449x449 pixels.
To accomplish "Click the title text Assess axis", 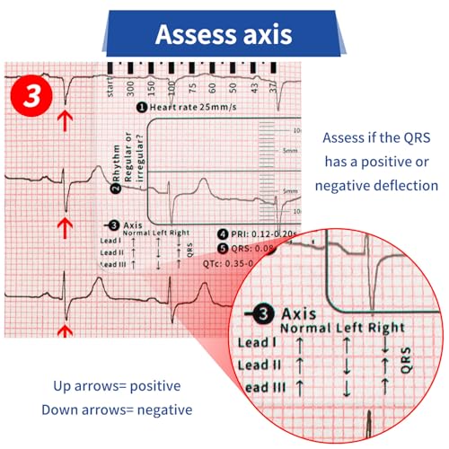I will coord(224,34).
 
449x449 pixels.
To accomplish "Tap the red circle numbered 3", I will coord(31,96).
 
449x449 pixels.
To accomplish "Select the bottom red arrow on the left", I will coord(63,330).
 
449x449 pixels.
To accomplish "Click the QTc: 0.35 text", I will coord(246,263).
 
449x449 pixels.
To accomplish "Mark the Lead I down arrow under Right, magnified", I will coord(385,345).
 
